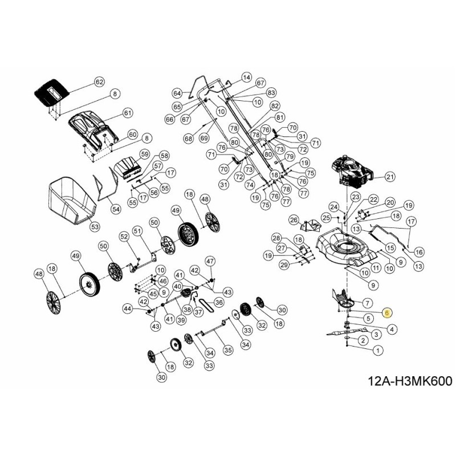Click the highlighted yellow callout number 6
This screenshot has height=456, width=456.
[x=387, y=312]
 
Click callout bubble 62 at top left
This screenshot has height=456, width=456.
[x=99, y=82]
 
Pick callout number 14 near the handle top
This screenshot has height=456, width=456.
[x=246, y=77]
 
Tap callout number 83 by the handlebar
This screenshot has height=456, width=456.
[x=271, y=92]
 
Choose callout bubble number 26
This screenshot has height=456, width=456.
[x=294, y=219]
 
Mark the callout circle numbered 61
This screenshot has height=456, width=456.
[x=127, y=113]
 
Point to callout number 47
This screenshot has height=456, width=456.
[x=210, y=261]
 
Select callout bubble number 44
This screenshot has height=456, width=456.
[x=128, y=308]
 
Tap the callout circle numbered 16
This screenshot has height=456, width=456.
[x=419, y=251]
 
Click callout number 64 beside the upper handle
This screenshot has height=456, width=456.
[x=177, y=93]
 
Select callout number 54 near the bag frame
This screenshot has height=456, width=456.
[x=116, y=209]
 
